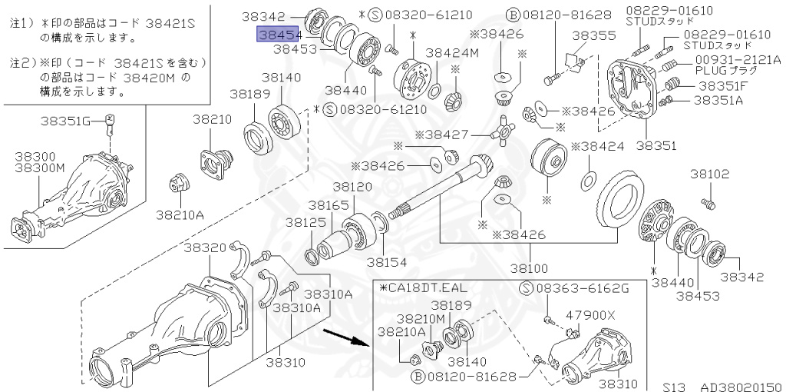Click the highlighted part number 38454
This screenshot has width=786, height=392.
click(x=278, y=35)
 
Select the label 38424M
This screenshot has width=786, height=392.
click(x=452, y=53)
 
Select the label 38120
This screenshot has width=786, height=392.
click(x=352, y=187)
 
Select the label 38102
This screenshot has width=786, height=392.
click(x=709, y=174)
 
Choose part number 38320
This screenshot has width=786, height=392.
click(x=204, y=247)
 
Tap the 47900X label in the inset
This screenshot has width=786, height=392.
click(x=590, y=314)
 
